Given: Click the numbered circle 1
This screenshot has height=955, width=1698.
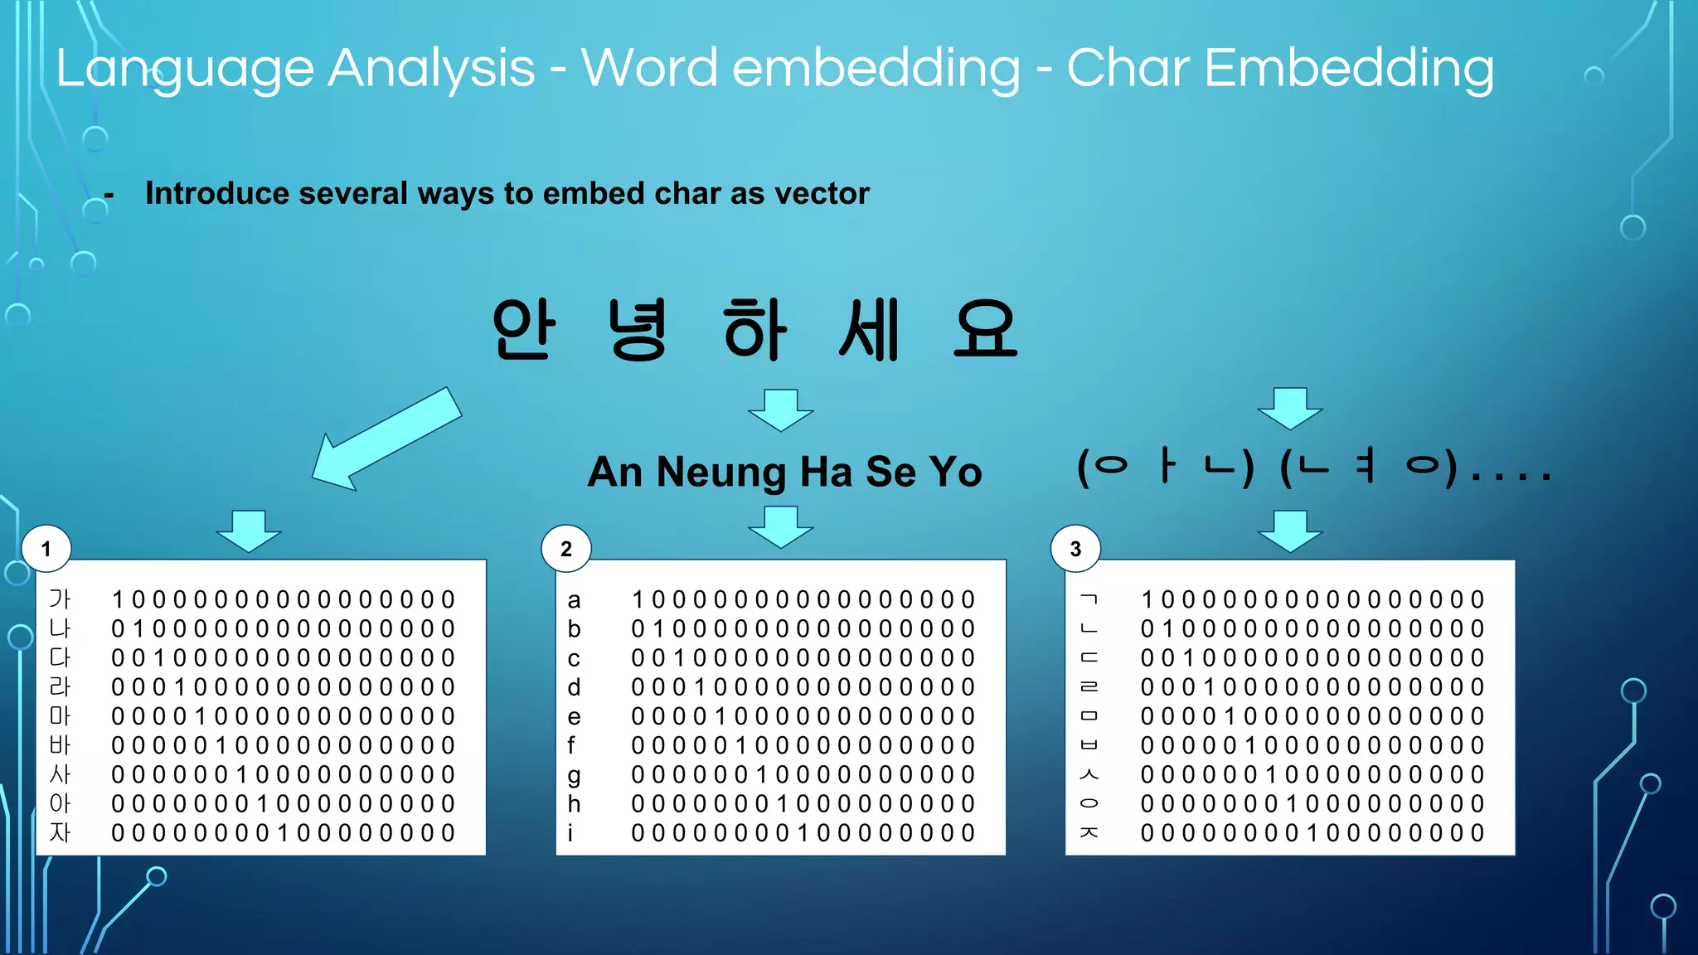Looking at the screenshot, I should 46,549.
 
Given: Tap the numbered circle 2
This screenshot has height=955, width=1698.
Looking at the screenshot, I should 566,549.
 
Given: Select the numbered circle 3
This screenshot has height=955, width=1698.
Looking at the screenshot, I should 1075,549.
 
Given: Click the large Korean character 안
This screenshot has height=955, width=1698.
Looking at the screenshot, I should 523,329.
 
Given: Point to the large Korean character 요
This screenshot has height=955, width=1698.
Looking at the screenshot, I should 985,329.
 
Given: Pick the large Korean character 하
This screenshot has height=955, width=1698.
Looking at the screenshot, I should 754,329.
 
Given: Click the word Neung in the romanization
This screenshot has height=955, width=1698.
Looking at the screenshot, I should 720,473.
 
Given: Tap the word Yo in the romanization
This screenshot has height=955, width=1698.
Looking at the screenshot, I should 955,473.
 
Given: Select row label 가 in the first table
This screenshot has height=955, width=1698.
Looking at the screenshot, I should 60,599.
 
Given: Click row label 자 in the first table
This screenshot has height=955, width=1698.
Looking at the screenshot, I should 60,832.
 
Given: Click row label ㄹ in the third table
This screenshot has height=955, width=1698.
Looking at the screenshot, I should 1089,687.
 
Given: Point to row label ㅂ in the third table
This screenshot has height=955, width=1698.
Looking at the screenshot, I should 1089,745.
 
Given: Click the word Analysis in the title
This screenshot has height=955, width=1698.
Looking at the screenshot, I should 431,68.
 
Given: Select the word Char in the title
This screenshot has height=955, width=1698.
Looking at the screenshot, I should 1128,68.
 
